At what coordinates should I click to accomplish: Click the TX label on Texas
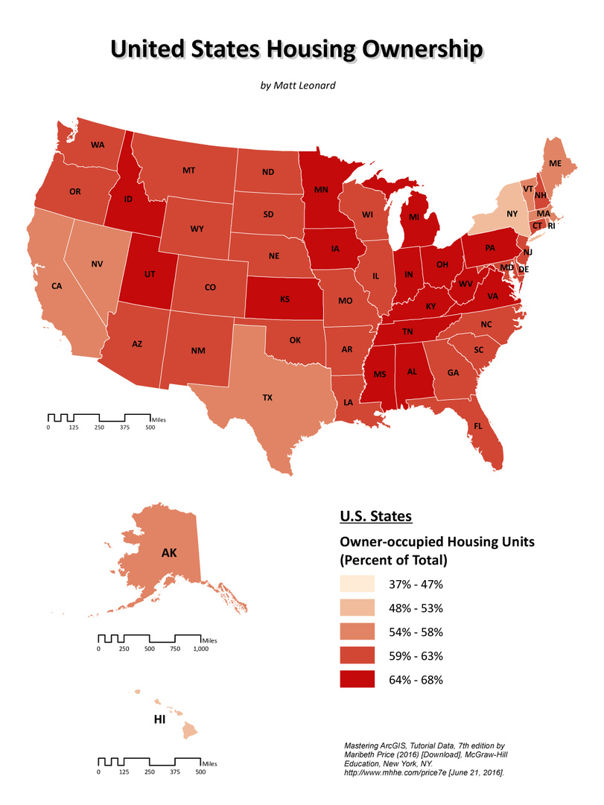pyautogui.click(x=267, y=398)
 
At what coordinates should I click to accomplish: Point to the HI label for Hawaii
pyautogui.click(x=159, y=720)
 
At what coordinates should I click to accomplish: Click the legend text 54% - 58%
pyautogui.click(x=416, y=631)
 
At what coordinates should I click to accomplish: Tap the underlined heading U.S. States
pyautogui.click(x=375, y=515)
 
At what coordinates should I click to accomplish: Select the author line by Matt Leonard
pyautogui.click(x=298, y=85)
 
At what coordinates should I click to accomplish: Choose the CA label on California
pyautogui.click(x=57, y=285)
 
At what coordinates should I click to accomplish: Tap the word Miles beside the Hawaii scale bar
pyautogui.click(x=211, y=763)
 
